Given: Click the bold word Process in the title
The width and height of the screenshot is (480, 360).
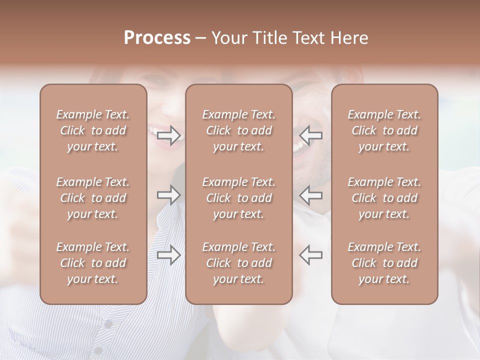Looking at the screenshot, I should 157,38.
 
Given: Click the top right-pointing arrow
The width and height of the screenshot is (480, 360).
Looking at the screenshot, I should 169,135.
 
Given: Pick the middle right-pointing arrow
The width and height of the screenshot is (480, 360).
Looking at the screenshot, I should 169,195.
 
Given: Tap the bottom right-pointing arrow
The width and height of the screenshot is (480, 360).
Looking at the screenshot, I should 169,255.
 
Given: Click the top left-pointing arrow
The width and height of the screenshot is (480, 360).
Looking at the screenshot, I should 311,135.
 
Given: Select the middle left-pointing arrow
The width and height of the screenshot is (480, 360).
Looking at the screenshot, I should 311,195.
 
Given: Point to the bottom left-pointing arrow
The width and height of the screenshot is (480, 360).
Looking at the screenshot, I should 311,255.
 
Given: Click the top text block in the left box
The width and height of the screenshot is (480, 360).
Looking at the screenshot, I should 93,130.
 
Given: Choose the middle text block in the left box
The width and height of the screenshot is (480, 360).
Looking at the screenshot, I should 93,198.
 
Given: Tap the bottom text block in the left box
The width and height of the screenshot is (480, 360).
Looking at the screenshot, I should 93,263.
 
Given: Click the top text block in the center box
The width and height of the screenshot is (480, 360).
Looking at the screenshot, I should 239,130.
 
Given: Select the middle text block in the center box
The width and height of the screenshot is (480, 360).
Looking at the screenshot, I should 239,198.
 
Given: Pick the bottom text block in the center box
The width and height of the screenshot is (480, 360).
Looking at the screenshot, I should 239,263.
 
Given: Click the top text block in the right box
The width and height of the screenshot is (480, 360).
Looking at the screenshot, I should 384,130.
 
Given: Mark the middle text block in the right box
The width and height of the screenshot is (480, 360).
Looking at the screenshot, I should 384,198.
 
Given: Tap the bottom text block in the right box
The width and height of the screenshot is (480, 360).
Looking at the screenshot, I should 384,263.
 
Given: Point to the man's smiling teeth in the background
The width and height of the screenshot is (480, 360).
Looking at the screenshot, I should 298,146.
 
